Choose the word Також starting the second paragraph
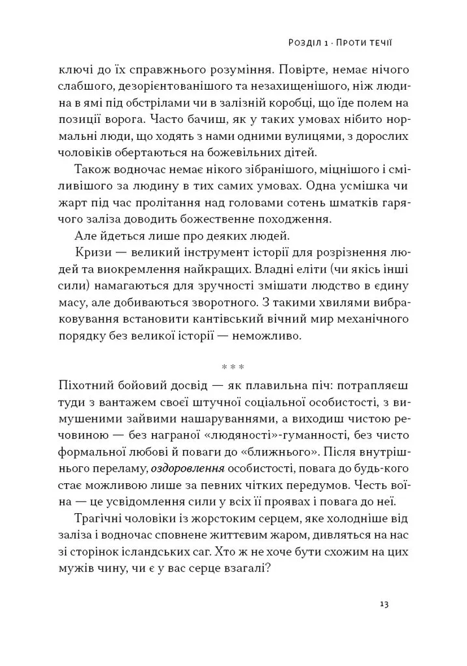[x=92, y=170]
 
